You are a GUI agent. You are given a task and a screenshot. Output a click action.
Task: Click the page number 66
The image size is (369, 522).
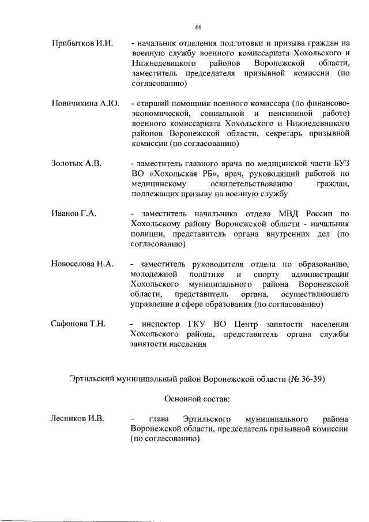pyautogui.click(x=198, y=28)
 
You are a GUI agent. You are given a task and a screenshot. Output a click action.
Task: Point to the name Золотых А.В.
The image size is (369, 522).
pyautogui.click(x=76, y=164)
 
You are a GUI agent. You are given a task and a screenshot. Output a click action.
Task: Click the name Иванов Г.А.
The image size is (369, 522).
pyautogui.click(x=73, y=214)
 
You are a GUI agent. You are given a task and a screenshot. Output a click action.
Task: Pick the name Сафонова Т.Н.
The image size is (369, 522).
pyautogui.click(x=78, y=324)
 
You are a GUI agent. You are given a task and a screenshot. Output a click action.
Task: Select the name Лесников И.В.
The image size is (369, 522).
pyautogui.click(x=78, y=418)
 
